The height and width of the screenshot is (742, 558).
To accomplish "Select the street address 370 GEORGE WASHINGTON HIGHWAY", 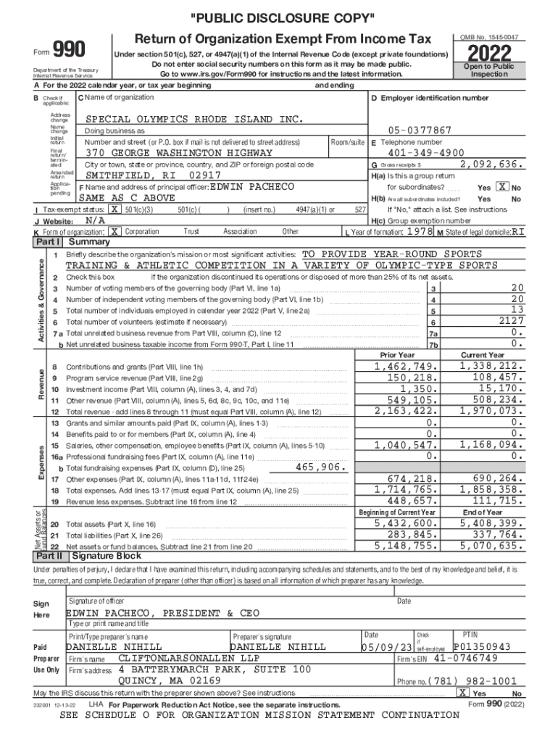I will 179,153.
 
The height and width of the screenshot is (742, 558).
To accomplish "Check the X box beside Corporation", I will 114,231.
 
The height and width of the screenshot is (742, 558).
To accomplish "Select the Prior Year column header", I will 397,355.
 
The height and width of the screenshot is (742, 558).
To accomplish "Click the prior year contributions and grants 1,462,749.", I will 406,367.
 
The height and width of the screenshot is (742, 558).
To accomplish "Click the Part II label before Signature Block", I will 49,556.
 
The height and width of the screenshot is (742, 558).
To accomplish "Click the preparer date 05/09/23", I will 386,646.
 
